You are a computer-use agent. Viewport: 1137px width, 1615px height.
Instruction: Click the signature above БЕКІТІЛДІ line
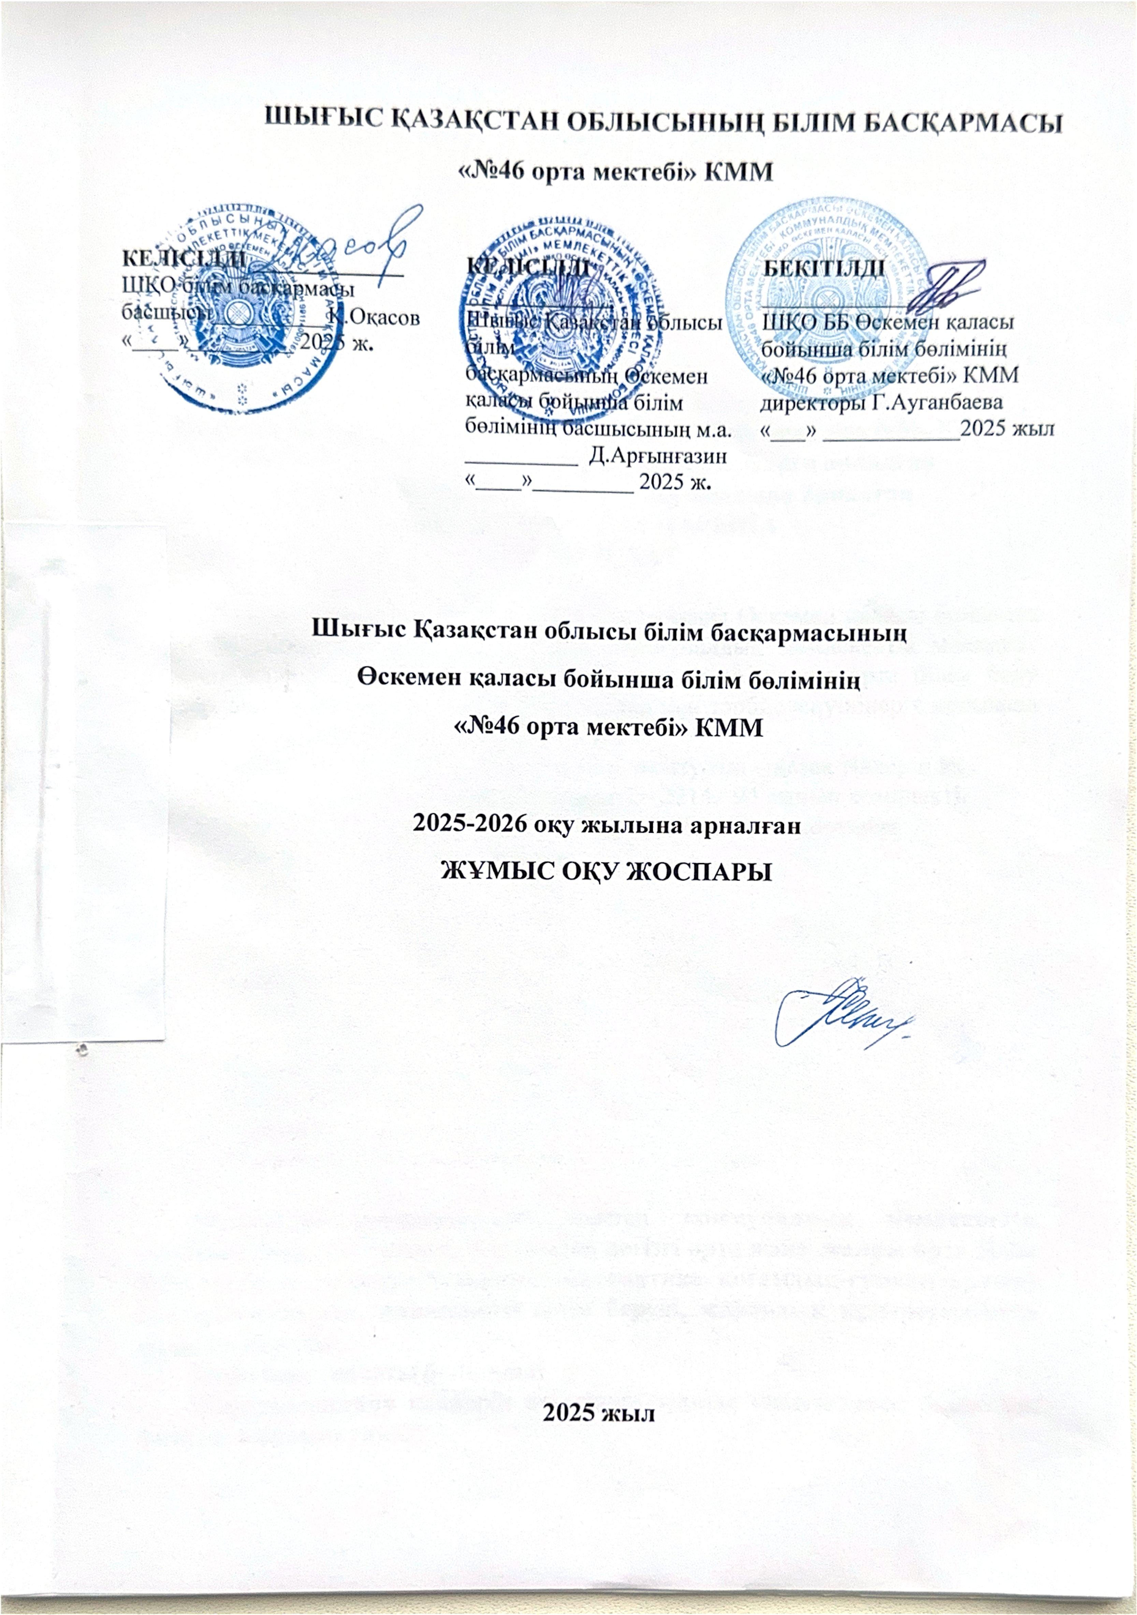(946, 289)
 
